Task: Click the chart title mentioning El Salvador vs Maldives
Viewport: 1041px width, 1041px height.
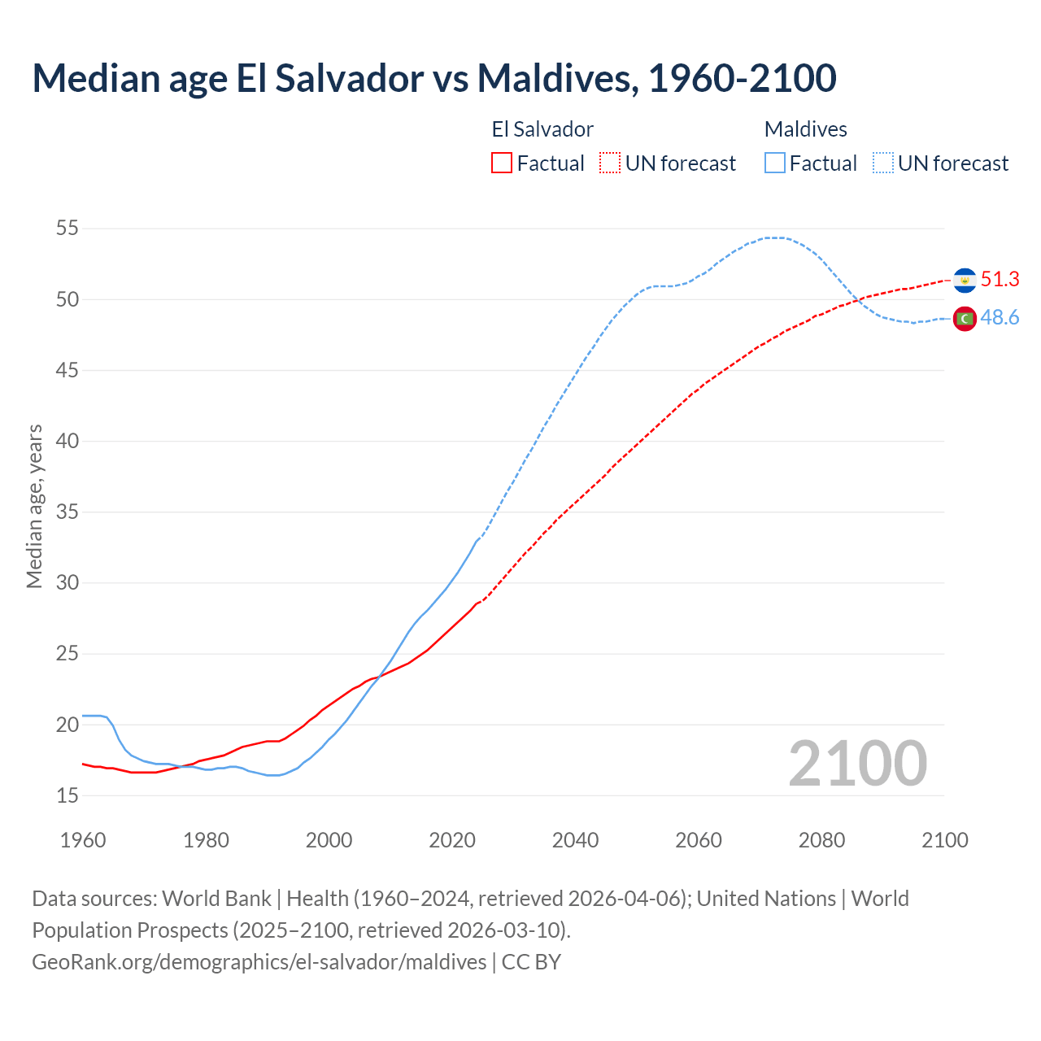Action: point(433,78)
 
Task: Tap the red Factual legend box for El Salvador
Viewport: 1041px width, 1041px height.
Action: point(502,163)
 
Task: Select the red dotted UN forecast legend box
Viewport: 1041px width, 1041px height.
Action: point(610,163)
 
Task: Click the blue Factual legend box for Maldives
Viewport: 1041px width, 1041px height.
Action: point(775,163)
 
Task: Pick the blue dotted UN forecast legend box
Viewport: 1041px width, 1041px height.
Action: point(883,163)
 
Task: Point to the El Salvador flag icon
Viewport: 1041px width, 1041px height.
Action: point(965,280)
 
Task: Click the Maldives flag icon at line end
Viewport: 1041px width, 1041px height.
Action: point(965,319)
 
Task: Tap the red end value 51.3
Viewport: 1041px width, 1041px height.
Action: point(1000,279)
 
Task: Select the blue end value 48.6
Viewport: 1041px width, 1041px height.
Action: point(1000,318)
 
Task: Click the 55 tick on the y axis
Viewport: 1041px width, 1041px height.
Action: point(68,229)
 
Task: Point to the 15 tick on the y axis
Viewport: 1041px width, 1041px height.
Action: point(68,795)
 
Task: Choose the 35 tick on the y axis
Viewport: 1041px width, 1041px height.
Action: point(68,512)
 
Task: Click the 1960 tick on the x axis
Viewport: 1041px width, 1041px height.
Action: point(83,840)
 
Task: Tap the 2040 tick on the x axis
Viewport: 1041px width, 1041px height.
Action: point(575,840)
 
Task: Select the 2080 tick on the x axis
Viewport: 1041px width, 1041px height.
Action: point(821,840)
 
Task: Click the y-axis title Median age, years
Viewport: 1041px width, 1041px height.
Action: point(34,506)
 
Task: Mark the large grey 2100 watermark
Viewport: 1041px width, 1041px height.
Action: point(857,763)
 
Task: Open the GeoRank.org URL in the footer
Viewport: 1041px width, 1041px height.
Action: point(259,962)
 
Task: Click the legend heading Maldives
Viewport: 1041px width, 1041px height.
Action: point(805,129)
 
